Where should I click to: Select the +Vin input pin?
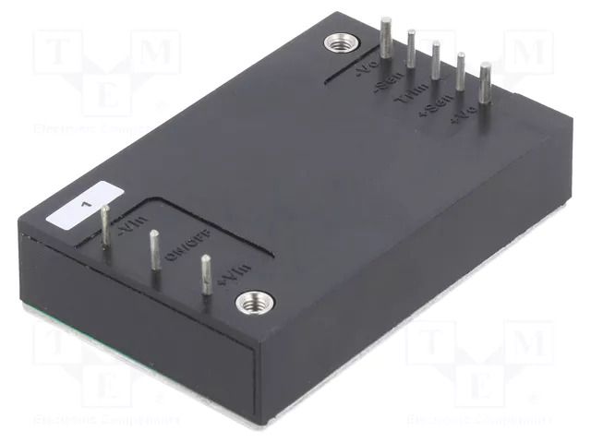coord(205,274)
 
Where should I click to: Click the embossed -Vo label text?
coord(366,71)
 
